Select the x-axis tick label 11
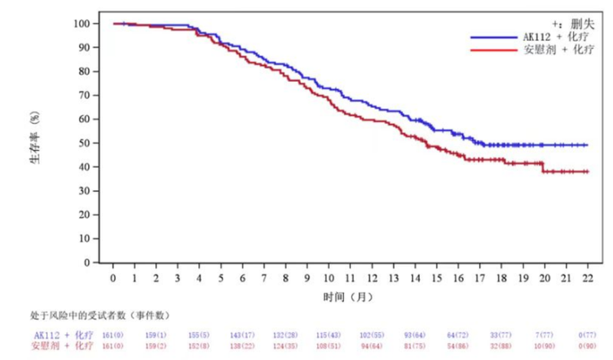point(351,277)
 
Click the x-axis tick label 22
point(588,277)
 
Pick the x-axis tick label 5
point(221,277)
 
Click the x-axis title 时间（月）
point(350,295)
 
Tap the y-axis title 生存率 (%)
point(35,142)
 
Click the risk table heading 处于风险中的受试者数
point(100,316)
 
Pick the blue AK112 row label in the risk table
point(63,335)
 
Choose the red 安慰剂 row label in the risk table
point(63,347)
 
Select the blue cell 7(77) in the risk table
point(544,335)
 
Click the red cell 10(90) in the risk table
point(544,347)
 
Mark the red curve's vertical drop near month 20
point(543,167)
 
